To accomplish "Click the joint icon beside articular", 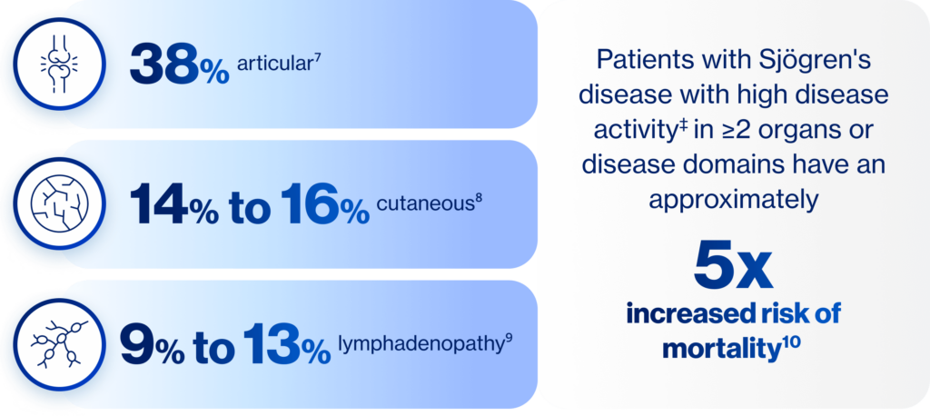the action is tap(59, 64).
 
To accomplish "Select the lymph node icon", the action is tap(59, 344).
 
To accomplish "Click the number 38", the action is tap(164, 64).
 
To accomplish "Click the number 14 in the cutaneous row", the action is tap(159, 204).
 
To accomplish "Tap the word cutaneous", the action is tap(425, 203).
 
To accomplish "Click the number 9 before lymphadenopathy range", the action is tap(137, 345).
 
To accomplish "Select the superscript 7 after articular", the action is tap(318, 57).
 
